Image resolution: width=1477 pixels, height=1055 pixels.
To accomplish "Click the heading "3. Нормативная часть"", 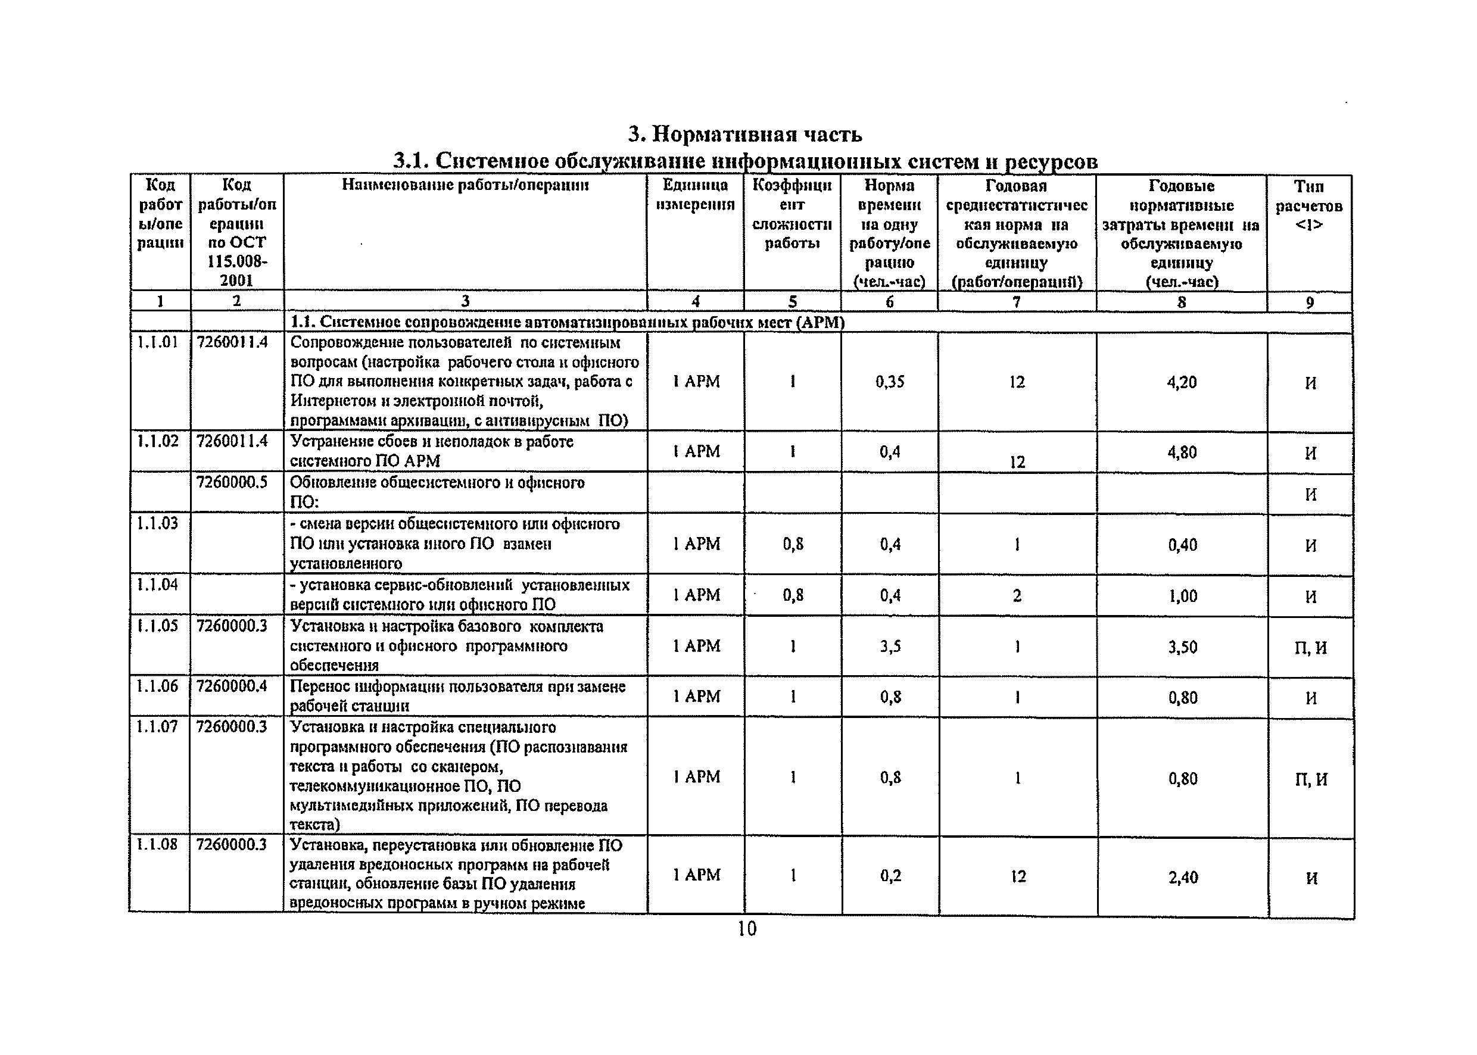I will pos(744,134).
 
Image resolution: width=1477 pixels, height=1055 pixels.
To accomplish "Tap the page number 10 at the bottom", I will pos(747,929).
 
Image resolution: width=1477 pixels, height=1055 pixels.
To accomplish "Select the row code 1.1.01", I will pos(157,342).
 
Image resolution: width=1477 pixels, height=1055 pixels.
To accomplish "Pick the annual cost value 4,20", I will pos(1182,383).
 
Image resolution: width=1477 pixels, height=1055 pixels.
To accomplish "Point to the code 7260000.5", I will pos(232,483).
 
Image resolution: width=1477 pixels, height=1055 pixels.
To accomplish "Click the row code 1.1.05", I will pos(157,626).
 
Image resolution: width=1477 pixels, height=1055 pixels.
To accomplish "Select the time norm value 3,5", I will pos(890,647).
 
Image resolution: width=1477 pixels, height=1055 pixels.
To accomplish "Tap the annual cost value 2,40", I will pos(1183,878).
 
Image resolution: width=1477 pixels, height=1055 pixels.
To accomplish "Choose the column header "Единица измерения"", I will pos(694,195).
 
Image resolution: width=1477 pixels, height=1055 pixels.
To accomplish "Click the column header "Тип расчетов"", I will pos(1308,205).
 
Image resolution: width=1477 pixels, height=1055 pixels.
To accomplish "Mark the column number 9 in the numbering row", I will pos(1310,302).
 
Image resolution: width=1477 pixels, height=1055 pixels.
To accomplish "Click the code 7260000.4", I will pos(232,686).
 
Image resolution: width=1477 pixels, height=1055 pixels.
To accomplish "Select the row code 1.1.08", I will pos(157,844).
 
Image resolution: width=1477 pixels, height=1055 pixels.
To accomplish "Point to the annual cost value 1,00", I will pos(1183,597).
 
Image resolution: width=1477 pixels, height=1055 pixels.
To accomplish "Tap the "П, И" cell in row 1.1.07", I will pos(1311,779).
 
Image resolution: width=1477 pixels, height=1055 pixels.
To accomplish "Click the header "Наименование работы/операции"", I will pos(465,186).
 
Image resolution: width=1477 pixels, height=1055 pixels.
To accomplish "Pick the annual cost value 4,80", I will pos(1182,452).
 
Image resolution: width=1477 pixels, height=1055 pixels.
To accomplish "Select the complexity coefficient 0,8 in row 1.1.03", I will pos(793,544).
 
